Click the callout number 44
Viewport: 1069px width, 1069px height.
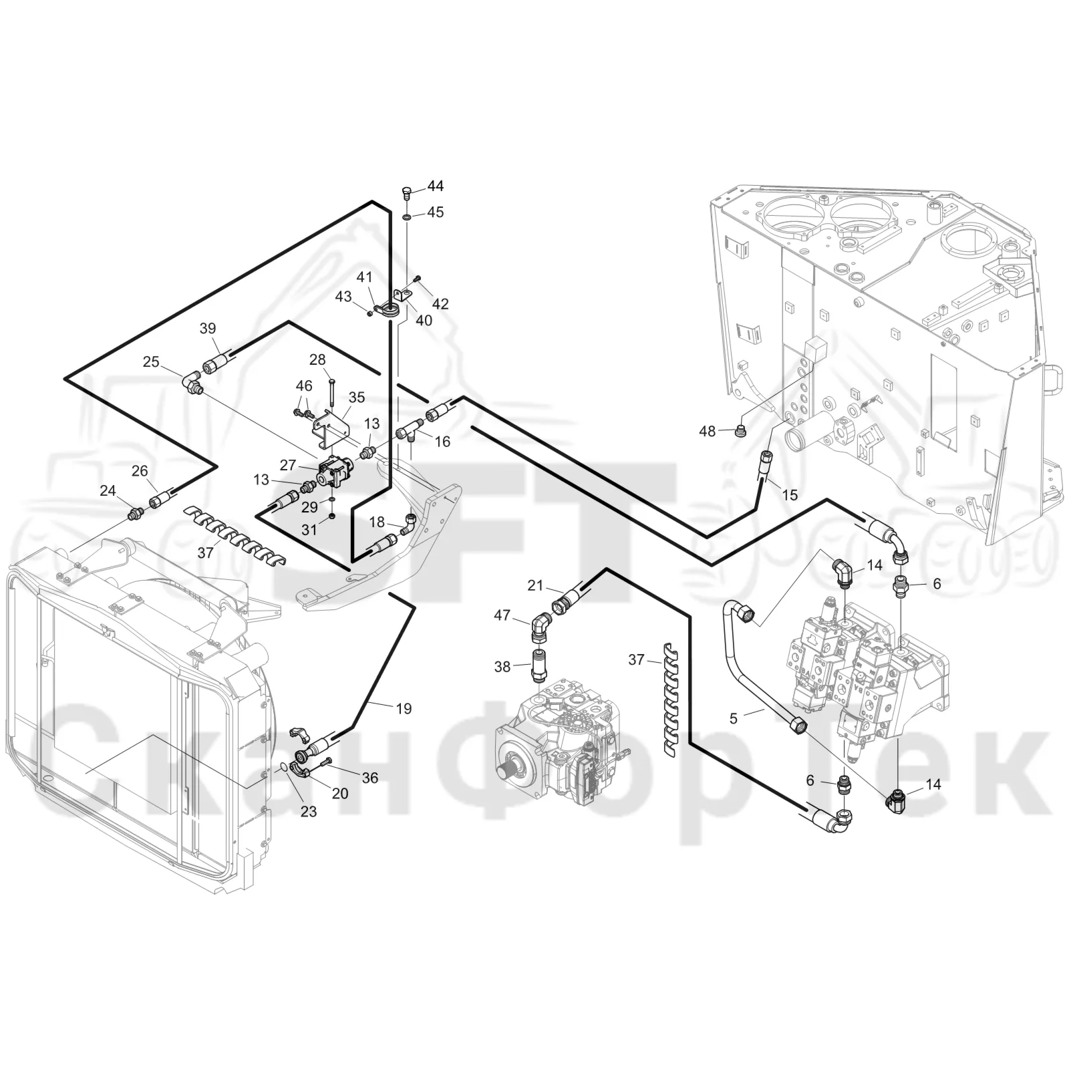pos(436,186)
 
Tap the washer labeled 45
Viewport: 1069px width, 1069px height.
pos(407,217)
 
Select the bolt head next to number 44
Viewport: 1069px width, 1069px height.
pos(407,194)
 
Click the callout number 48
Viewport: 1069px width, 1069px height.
pos(708,432)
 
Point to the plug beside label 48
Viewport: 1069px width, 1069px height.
pos(739,430)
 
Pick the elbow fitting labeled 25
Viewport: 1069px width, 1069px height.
pos(193,384)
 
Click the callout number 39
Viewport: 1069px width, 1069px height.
pos(208,328)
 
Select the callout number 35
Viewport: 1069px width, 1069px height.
pos(357,398)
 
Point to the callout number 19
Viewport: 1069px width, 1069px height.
pos(404,708)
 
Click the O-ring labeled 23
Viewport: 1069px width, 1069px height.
pos(284,766)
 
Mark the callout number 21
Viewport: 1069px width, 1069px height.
pos(535,585)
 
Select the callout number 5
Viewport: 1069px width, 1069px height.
pos(734,718)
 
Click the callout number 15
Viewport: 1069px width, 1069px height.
pos(790,495)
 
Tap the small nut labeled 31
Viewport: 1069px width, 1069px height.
pos(332,519)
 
